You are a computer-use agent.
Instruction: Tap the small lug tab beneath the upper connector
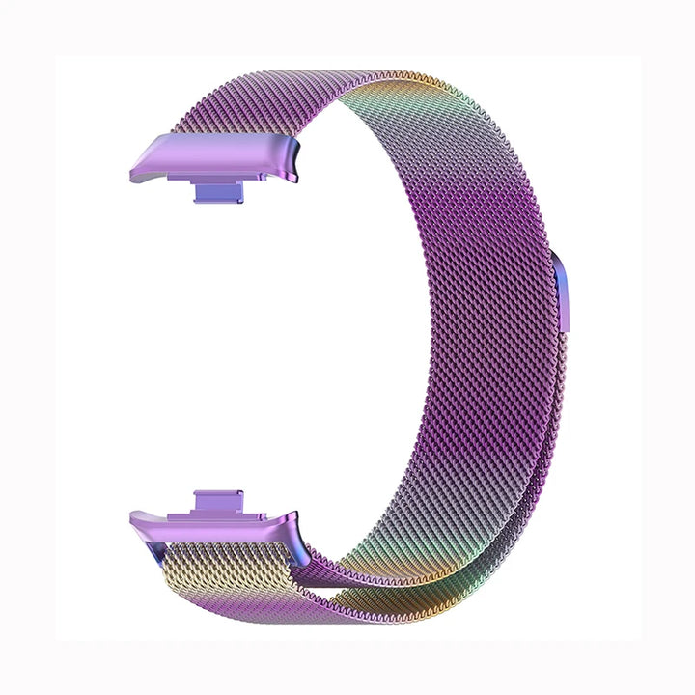pos(218,190)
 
